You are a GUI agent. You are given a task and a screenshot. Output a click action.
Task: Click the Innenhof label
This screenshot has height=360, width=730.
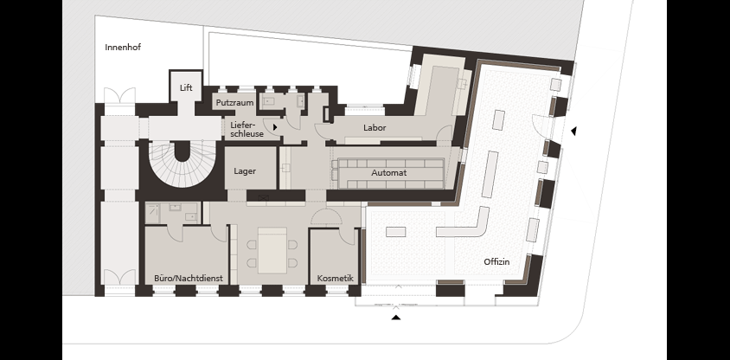(x=123, y=47)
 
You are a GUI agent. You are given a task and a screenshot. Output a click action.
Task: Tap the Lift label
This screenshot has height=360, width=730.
(x=186, y=87)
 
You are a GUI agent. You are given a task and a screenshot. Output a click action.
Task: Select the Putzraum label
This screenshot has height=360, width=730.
(x=234, y=102)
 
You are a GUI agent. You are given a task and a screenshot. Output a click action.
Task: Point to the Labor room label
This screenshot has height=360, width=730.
(x=375, y=127)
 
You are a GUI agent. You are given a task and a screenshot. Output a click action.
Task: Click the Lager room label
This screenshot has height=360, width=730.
(x=245, y=171)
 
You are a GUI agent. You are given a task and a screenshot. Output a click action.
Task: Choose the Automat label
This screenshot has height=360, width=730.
(x=388, y=173)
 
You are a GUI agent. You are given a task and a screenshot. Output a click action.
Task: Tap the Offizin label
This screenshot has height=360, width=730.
(x=496, y=261)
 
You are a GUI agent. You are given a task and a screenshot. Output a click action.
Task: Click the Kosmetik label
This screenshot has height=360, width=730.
(x=336, y=279)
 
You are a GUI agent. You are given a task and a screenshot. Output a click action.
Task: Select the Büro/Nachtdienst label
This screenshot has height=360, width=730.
(x=189, y=279)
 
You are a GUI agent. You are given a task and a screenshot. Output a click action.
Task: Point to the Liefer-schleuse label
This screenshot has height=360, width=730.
(x=247, y=130)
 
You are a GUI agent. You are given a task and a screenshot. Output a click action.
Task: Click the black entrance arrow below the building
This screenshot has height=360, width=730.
(x=396, y=318)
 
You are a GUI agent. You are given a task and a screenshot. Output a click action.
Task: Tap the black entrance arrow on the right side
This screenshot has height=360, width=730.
(x=573, y=132)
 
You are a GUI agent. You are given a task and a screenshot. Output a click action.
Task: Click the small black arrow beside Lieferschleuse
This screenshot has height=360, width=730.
(x=275, y=126)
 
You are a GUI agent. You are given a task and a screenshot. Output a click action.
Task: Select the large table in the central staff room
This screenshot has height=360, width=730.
(x=272, y=251)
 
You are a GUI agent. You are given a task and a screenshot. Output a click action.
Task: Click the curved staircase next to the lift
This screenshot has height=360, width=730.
(x=182, y=164)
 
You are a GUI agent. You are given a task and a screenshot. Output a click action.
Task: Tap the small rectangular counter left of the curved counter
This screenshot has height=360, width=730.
(x=396, y=232)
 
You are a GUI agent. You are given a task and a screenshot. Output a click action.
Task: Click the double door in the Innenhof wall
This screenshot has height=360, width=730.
(x=119, y=96)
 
